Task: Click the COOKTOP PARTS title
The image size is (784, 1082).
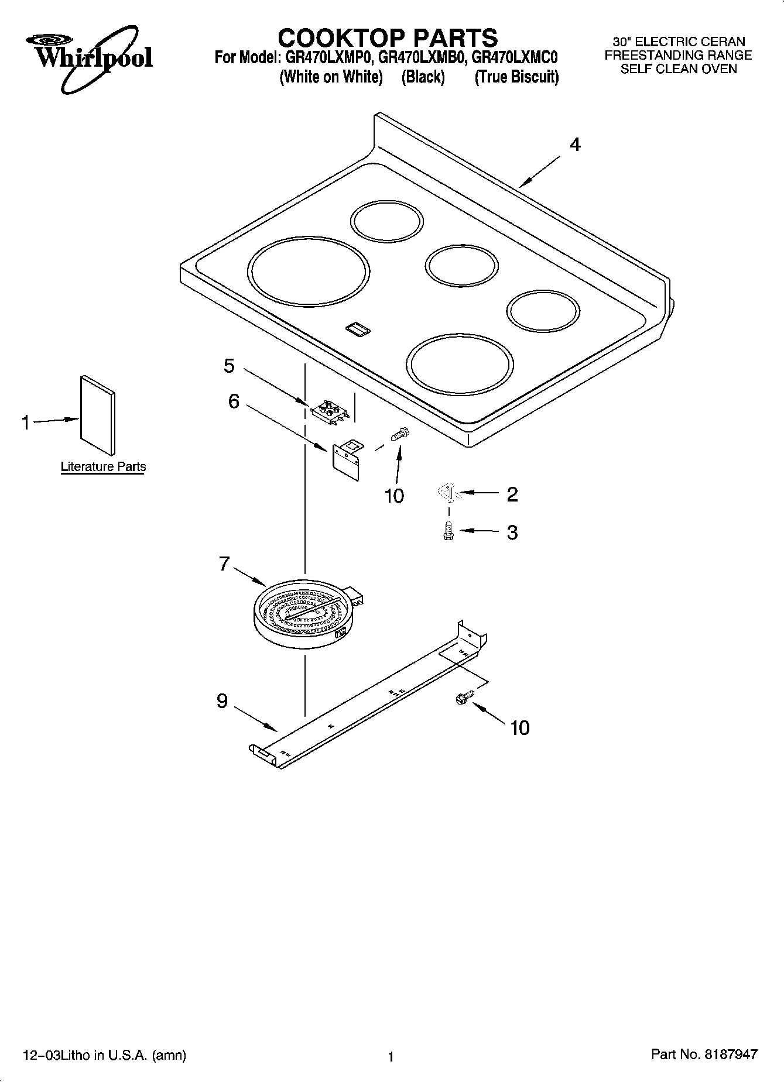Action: click(388, 37)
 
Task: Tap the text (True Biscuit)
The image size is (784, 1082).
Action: click(516, 77)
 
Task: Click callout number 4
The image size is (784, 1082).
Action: click(575, 145)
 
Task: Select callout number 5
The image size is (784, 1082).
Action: click(229, 366)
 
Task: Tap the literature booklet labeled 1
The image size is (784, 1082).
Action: click(97, 414)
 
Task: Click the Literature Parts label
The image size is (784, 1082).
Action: click(103, 467)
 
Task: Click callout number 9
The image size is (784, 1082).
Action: click(222, 701)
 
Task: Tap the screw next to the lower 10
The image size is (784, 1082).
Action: click(463, 698)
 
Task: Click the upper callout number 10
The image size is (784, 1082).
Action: click(394, 496)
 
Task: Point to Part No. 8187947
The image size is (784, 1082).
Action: click(704, 1054)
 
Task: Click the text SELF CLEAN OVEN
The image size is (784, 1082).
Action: click(678, 69)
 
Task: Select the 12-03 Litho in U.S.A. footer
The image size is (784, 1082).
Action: click(104, 1056)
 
